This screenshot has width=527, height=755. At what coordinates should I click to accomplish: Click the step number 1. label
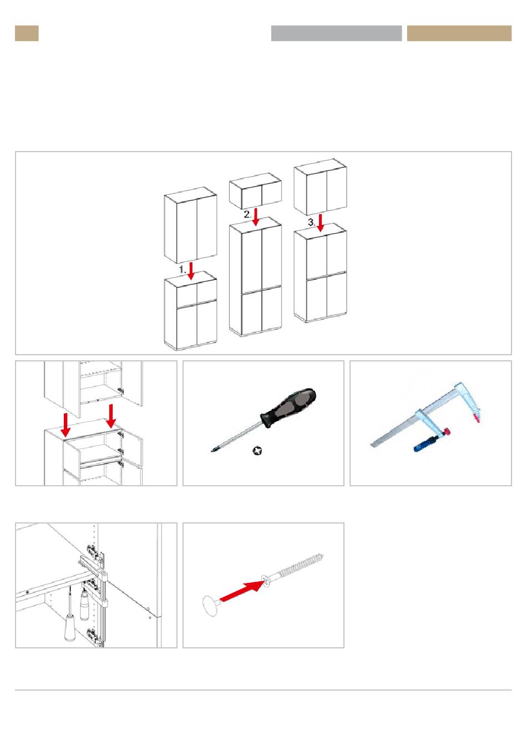click(182, 270)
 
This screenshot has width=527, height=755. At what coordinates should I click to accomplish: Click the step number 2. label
click(247, 214)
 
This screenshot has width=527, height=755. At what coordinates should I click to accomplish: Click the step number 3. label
click(312, 223)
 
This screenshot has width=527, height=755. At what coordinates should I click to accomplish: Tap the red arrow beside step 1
click(191, 271)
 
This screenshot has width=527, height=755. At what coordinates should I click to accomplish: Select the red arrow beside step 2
click(256, 217)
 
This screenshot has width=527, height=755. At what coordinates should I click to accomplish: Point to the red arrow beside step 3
click(320, 223)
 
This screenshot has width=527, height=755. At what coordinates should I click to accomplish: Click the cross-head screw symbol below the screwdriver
click(257, 451)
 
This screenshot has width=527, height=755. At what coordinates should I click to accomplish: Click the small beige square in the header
click(27, 33)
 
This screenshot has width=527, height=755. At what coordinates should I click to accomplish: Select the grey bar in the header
click(336, 33)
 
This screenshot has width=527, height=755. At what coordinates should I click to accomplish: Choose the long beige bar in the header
click(459, 33)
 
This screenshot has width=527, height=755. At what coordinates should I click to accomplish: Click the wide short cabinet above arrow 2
click(255, 191)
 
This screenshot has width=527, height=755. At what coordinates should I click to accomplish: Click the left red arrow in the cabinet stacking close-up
click(65, 424)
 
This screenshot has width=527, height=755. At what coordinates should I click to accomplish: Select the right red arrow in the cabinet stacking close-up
click(111, 416)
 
